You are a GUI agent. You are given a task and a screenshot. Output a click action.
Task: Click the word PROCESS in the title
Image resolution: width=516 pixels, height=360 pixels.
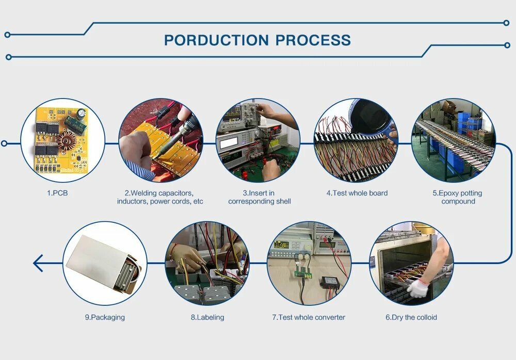[313, 40]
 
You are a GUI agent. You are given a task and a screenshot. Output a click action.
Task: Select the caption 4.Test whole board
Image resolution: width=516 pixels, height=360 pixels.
[357, 193]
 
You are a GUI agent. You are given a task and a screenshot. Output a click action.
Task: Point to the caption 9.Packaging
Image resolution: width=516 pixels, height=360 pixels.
[105, 317]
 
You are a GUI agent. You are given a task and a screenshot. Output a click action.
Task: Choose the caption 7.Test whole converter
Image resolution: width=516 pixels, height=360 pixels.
[309, 317]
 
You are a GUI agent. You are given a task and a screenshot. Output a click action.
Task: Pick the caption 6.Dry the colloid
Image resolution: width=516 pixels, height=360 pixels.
[411, 317]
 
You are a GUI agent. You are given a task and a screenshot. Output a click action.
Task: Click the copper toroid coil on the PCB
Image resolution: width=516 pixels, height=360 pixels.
[67, 140]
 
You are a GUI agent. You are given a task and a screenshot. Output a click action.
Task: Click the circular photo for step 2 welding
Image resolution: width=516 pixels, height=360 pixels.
[160, 140]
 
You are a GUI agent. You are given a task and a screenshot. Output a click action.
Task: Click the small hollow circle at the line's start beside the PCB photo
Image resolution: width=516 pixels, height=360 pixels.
[4, 143]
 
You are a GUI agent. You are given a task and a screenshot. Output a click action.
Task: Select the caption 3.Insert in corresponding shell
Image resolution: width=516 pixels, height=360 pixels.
[260, 197]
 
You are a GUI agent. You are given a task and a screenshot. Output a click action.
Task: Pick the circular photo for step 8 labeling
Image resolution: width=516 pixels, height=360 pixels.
[207, 263]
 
